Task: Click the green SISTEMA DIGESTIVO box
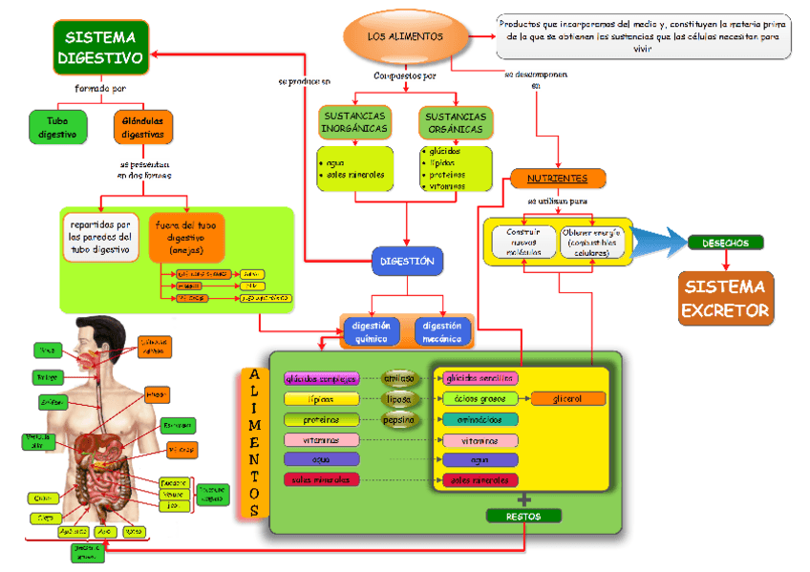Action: (x=100, y=48)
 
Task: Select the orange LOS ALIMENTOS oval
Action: (x=406, y=36)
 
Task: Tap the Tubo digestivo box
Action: (x=57, y=128)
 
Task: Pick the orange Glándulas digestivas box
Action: (x=143, y=128)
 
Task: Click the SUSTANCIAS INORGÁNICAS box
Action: (x=354, y=122)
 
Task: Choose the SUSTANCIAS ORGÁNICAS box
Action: (x=455, y=122)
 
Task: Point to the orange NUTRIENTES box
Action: (x=557, y=179)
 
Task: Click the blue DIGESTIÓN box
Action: (x=407, y=261)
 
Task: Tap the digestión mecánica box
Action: (x=442, y=331)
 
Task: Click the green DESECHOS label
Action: (x=726, y=243)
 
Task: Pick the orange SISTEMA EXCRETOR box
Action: (x=726, y=299)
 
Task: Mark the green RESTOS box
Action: (x=524, y=517)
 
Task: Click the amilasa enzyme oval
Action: (x=400, y=378)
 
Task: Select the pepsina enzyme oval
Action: (x=399, y=419)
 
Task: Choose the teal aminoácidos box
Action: (x=480, y=419)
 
